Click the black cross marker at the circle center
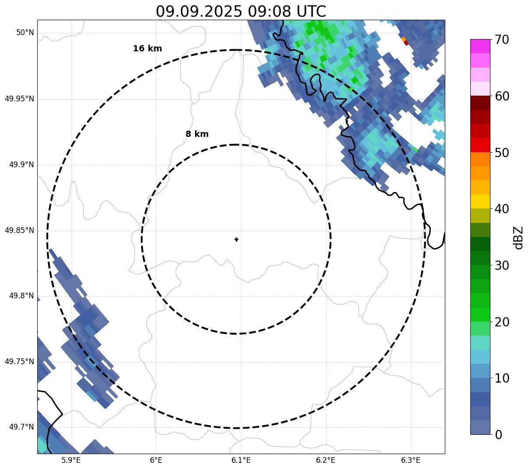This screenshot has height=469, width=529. (236, 239)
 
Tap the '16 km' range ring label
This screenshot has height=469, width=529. (147, 49)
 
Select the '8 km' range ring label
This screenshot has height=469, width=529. (197, 134)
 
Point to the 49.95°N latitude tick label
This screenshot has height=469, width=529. (19, 99)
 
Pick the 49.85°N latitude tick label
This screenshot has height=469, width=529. (19, 230)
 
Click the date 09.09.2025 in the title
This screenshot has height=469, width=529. (199, 11)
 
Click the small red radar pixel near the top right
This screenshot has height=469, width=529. (406, 43)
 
